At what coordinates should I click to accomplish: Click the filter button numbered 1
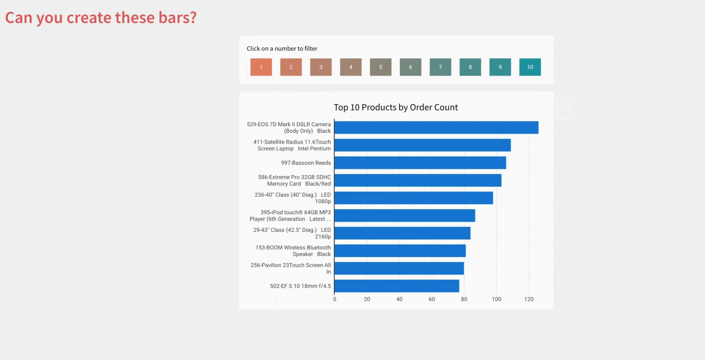coord(261,67)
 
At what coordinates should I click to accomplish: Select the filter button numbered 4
coord(351,67)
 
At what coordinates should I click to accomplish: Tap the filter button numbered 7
coord(440,67)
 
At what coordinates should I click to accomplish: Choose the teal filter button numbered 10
coord(530,67)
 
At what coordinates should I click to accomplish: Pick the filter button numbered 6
coord(410,67)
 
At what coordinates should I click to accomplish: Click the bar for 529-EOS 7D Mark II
coord(436,128)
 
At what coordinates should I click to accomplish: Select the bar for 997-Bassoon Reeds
coord(420,163)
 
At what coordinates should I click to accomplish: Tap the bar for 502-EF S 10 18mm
coord(396,286)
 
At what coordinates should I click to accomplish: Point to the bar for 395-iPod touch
coord(404,216)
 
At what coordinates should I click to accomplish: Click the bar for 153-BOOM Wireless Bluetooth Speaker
coord(400,251)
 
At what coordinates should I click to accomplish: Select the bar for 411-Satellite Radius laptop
coord(422,145)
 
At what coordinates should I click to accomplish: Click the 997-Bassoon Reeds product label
coord(306,163)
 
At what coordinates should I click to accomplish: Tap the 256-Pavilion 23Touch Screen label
coord(291,268)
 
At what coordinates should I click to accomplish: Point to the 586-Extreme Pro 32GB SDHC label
coord(294,180)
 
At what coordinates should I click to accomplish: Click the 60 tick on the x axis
coord(431,299)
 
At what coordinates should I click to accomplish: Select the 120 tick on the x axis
coord(528,299)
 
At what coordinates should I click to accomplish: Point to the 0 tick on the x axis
coord(335,299)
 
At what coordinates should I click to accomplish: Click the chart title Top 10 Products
coord(396,107)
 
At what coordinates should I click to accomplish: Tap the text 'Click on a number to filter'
coord(282,49)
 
